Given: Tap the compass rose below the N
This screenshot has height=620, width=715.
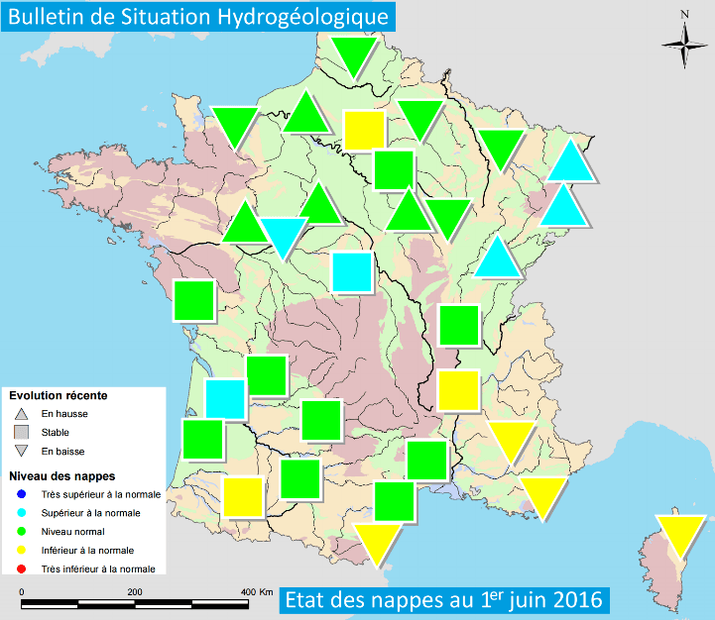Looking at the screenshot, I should click(x=685, y=46).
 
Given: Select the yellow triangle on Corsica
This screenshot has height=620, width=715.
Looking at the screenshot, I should click(x=682, y=535).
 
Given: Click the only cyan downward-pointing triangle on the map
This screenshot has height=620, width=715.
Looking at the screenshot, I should click(x=282, y=236).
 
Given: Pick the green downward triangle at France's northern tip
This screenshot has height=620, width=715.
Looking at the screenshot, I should click(x=355, y=56).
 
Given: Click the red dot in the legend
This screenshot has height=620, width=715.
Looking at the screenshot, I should click(x=21, y=568).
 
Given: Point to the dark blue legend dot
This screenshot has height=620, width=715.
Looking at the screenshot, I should click(x=21, y=493).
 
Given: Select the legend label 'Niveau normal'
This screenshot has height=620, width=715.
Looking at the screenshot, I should click(x=73, y=531).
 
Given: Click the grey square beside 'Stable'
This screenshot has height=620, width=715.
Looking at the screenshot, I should click(x=21, y=433).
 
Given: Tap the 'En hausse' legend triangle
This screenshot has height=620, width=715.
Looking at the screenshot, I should click(x=21, y=414).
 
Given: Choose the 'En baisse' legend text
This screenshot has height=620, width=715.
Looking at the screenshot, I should click(x=62, y=452).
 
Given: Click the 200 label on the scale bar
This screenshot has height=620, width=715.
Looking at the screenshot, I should click(x=134, y=590).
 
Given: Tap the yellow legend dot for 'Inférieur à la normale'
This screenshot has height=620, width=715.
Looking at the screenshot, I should click(x=21, y=550).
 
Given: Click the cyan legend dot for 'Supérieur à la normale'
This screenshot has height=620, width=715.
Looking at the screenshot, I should click(x=21, y=512).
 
